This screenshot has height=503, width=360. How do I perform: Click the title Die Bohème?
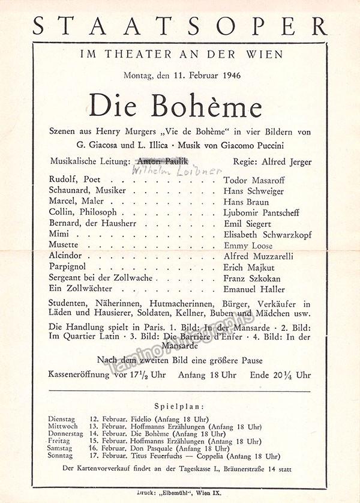(175, 106)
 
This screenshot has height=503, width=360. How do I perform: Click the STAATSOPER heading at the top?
(180, 26)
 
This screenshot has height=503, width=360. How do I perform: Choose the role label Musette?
(64, 245)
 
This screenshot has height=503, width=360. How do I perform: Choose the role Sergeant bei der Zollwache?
(101, 279)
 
